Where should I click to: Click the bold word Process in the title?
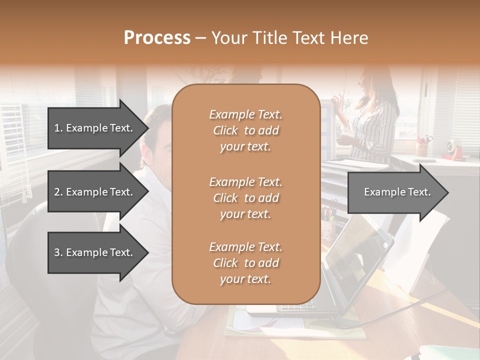157,38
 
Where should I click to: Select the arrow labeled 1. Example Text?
95,128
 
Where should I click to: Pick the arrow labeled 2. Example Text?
95,192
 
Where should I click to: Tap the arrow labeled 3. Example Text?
95,252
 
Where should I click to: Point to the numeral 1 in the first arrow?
57,128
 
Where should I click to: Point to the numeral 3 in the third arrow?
57,252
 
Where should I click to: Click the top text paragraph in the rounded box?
245,130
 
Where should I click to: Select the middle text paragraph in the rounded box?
245,198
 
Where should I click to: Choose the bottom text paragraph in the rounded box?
245,263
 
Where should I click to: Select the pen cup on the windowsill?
422,147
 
